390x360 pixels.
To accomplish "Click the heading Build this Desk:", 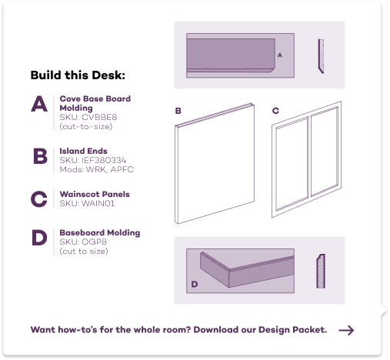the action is (78, 75).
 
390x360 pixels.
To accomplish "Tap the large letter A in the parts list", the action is (39, 104).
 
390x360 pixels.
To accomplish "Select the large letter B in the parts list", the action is (40, 156).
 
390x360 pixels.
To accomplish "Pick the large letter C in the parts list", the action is (39, 199).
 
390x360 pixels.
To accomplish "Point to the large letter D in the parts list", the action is (39, 238).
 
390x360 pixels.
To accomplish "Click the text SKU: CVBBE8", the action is (88, 117).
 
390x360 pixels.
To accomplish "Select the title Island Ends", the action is (83, 151).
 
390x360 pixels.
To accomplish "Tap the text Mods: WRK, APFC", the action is (96, 169).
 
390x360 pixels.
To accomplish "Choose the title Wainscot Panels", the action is (95, 194).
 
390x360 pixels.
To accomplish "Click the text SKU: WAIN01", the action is (87, 203).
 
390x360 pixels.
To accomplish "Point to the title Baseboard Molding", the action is (100, 232).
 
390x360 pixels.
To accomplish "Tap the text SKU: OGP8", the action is (83, 242).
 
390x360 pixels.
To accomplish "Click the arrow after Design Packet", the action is (346, 330).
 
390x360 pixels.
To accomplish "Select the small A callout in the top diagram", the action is (280, 55).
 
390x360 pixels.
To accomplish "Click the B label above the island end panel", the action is (178, 111).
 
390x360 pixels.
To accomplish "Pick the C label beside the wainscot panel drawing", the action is (275, 111).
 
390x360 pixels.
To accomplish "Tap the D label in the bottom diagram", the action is (195, 284).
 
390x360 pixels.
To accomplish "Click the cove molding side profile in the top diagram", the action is (321, 56).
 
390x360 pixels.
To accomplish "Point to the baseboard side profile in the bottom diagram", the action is (321, 271).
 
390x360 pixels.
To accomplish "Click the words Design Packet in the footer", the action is (292, 330).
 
